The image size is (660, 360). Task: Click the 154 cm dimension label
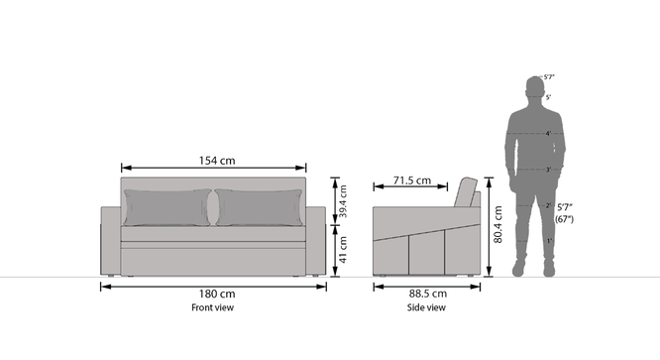tap(217, 161)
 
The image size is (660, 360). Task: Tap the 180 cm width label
tap(217, 294)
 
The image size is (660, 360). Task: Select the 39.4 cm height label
tap(343, 201)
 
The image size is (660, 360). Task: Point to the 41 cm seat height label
tap(343, 250)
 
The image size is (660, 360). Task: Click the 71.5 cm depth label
tap(412, 180)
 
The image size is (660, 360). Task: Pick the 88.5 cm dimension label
tap(428, 294)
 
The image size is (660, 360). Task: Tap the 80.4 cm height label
tap(497, 224)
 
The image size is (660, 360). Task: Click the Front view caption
tap(212, 307)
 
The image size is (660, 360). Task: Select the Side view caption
tap(426, 307)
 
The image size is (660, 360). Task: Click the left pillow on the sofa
tap(167, 207)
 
